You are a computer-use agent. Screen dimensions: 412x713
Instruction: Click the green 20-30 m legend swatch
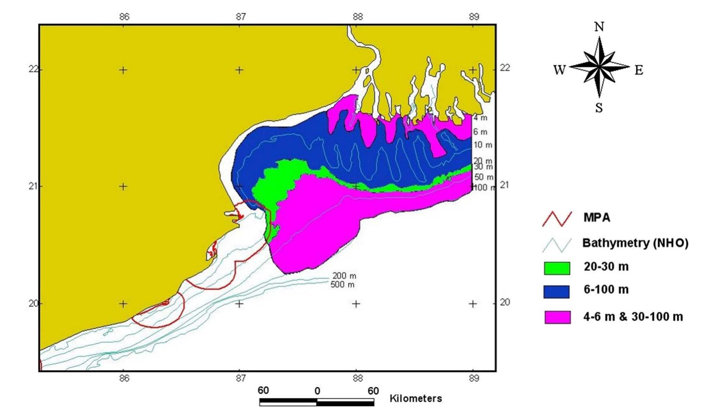[557, 268]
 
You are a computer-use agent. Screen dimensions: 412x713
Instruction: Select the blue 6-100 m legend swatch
[556, 292]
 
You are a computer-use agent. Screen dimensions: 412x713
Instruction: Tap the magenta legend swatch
[557, 317]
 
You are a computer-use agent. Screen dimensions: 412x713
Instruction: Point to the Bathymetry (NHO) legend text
[635, 243]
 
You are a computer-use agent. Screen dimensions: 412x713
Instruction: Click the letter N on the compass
[599, 27]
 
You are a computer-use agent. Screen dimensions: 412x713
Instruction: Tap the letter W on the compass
[559, 70]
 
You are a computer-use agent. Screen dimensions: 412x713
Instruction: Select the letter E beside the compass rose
[639, 70]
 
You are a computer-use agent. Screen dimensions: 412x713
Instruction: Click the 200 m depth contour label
[344, 276]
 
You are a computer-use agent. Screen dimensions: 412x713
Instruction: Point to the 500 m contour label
[342, 285]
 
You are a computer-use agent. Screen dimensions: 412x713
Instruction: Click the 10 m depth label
[483, 145]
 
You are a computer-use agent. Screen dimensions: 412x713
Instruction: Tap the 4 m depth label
[480, 118]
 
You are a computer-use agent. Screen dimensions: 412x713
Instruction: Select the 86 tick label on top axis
[124, 17]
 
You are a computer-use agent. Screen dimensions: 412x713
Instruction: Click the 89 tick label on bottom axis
[474, 379]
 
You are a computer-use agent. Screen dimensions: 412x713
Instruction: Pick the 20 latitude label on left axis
[34, 303]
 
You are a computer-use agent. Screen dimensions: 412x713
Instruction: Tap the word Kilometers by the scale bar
[415, 399]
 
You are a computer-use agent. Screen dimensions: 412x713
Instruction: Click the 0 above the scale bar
[317, 391]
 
